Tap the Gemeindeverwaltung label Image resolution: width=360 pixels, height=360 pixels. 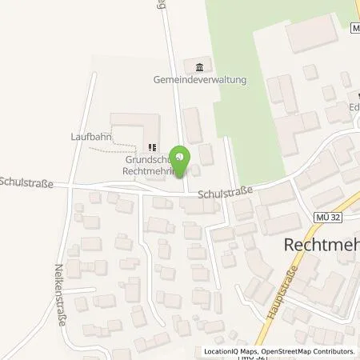coord(200,80)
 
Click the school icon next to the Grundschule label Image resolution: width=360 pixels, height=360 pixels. coord(150,147)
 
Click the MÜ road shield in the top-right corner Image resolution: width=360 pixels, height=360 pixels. coord(355,28)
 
